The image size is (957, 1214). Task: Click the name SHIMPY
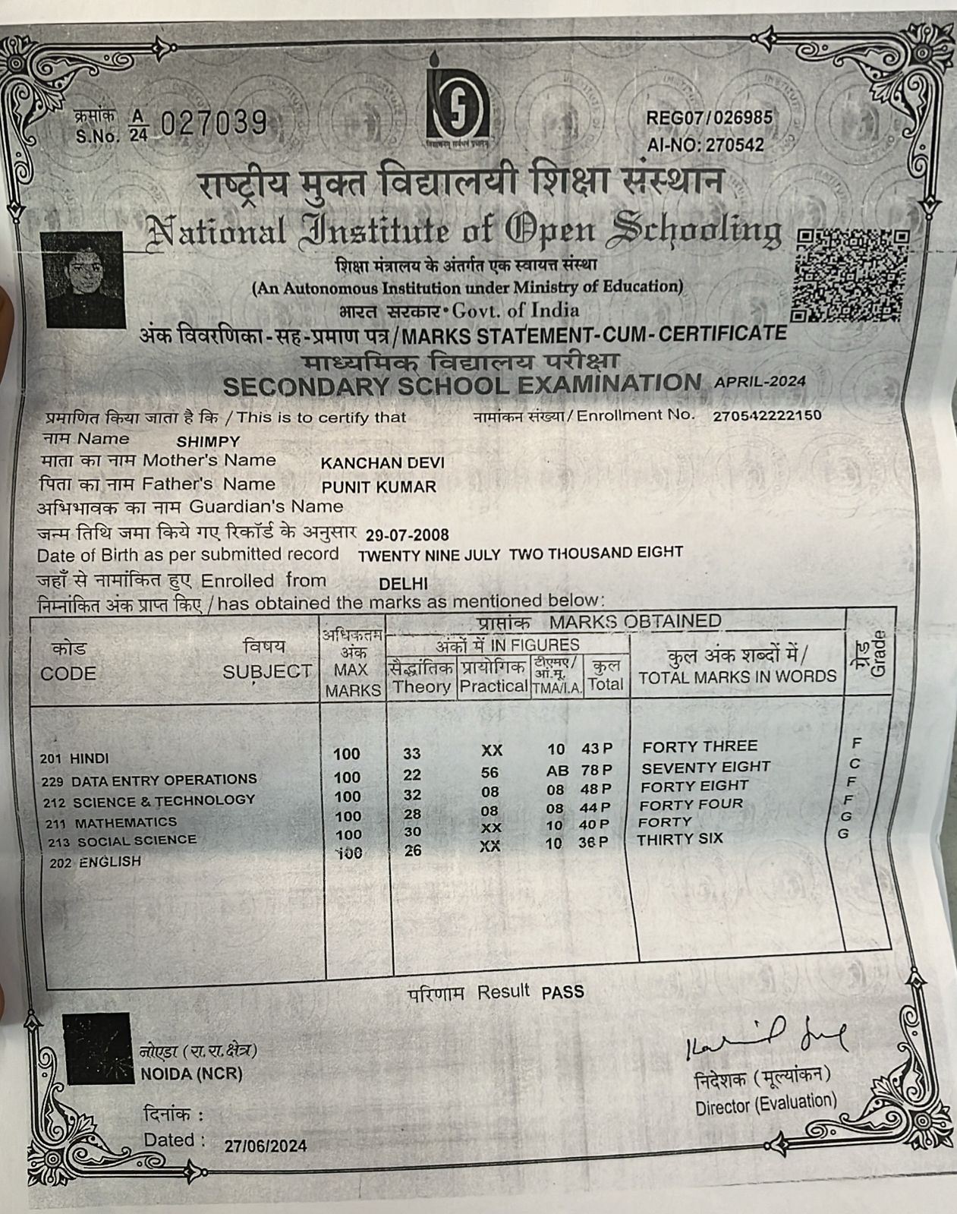coord(208,442)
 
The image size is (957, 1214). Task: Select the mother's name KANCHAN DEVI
coord(382,462)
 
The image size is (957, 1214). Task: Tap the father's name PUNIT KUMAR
coord(379,487)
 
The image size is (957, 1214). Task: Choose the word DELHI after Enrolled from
coord(403,584)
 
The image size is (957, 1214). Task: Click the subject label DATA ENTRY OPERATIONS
coord(163,780)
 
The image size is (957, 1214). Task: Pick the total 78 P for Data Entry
coord(595,770)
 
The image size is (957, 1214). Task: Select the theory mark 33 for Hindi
coord(412,754)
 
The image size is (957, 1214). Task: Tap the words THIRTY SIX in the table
coord(679,839)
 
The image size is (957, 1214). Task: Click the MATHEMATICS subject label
coord(125,821)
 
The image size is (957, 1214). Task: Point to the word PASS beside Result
coord(562,992)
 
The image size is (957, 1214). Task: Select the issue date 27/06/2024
coord(266,1146)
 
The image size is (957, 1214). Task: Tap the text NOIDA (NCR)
coord(191,1074)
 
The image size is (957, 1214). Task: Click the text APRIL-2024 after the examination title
coord(760,382)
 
